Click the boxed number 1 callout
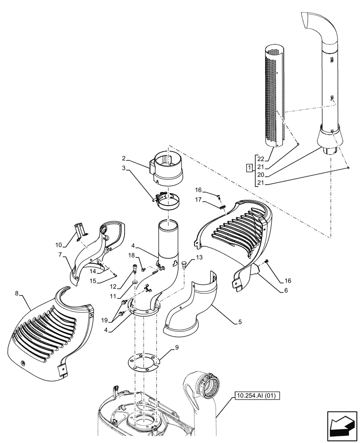pyautogui.click(x=250, y=167)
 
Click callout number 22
pyautogui.click(x=260, y=159)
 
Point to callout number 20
pyautogui.click(x=260, y=175)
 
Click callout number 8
pyautogui.click(x=17, y=293)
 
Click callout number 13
pyautogui.click(x=198, y=257)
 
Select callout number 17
pyautogui.click(x=198, y=200)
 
